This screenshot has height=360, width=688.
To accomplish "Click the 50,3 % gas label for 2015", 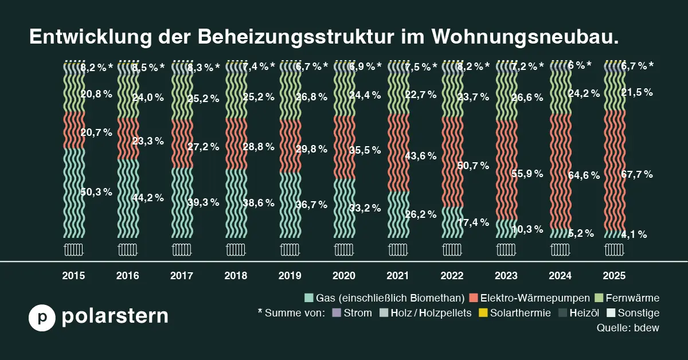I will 96,192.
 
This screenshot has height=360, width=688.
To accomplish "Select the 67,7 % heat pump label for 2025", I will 636,174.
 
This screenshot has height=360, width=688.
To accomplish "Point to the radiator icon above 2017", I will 182,250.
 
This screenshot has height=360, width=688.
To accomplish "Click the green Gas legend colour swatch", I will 309,298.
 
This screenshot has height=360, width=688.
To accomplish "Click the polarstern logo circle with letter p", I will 42,317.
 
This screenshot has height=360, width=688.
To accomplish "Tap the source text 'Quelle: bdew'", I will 628,328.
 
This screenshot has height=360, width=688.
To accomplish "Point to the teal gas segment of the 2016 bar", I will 128,198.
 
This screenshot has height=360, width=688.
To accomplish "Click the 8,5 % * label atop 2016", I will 148,67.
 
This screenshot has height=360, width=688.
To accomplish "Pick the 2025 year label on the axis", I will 613,276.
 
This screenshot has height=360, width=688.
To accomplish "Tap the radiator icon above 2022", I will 452,250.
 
